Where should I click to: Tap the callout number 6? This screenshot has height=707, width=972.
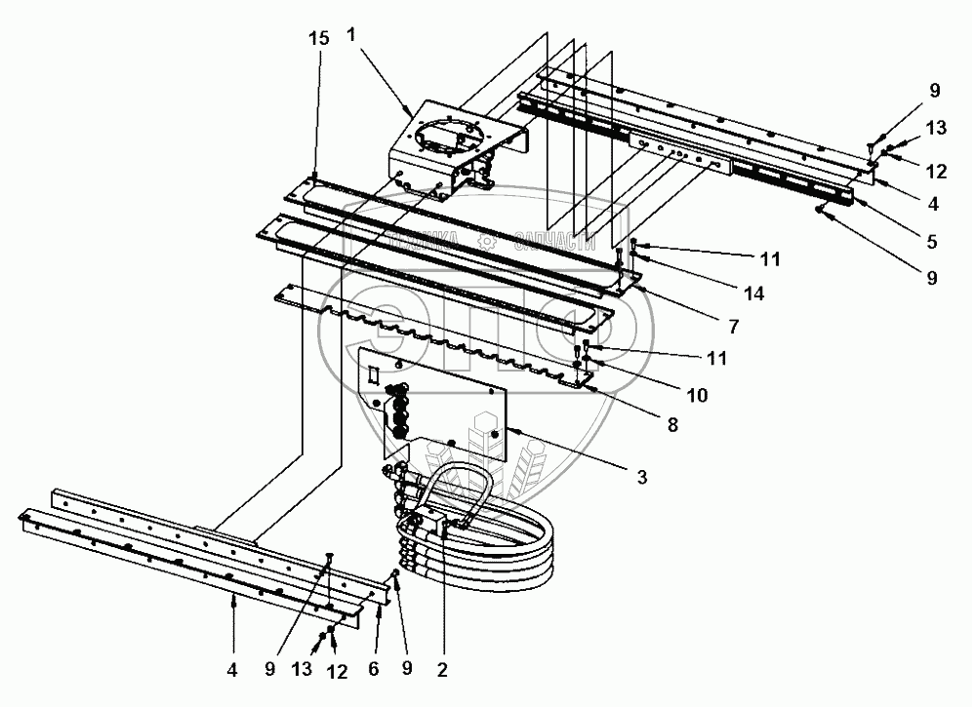pos(372,670)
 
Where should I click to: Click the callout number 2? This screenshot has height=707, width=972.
pos(441,670)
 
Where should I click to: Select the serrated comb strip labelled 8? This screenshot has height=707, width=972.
pos(439,336)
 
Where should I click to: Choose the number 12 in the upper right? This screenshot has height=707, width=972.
pos(936,172)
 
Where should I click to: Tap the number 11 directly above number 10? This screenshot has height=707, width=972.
pos(717,358)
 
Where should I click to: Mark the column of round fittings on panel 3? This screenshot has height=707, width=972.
pos(398,411)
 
